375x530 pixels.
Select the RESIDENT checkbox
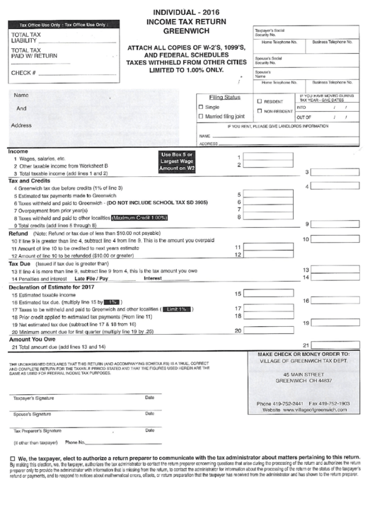coord(260,101)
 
